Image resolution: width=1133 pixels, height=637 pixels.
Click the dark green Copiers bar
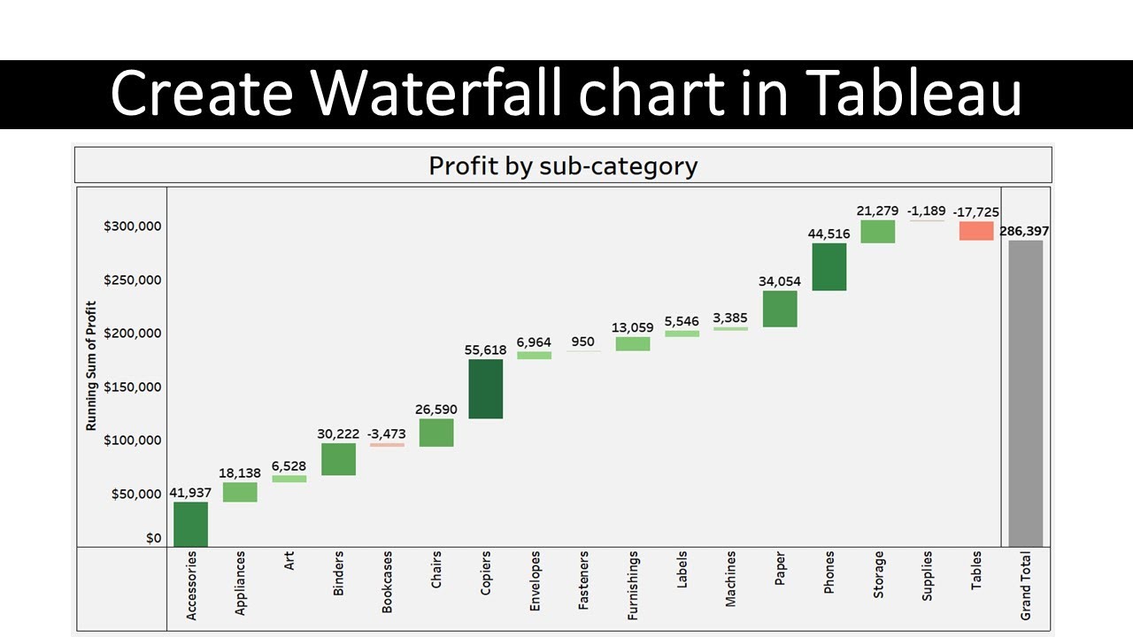coord(485,388)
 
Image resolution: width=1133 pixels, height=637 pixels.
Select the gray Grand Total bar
coord(1026,393)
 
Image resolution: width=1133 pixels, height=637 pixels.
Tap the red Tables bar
coord(976,231)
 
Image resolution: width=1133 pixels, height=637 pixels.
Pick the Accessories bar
coord(190,524)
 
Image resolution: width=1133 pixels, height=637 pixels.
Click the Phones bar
coord(829,266)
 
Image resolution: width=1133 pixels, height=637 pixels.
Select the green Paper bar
coord(780,309)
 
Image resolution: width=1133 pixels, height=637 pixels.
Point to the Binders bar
coord(338,459)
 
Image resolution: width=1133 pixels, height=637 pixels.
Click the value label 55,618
coord(485,350)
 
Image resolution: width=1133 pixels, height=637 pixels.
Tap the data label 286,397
coord(1025,231)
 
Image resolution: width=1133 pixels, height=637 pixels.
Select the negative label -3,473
coord(386,434)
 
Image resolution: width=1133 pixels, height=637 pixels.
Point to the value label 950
coord(583,342)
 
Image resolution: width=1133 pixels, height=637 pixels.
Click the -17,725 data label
coord(976,212)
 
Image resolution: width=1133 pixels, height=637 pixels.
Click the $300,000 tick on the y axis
coord(132,226)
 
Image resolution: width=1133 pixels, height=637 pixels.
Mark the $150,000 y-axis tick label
coord(132,387)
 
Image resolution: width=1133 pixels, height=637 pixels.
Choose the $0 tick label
coord(153,538)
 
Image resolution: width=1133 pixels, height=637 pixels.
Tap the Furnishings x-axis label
coord(633,585)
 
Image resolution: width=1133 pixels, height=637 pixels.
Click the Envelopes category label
coord(535,583)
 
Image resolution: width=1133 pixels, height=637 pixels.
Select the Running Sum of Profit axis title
coord(91,365)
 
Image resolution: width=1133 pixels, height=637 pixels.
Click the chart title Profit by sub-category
coord(563,165)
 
